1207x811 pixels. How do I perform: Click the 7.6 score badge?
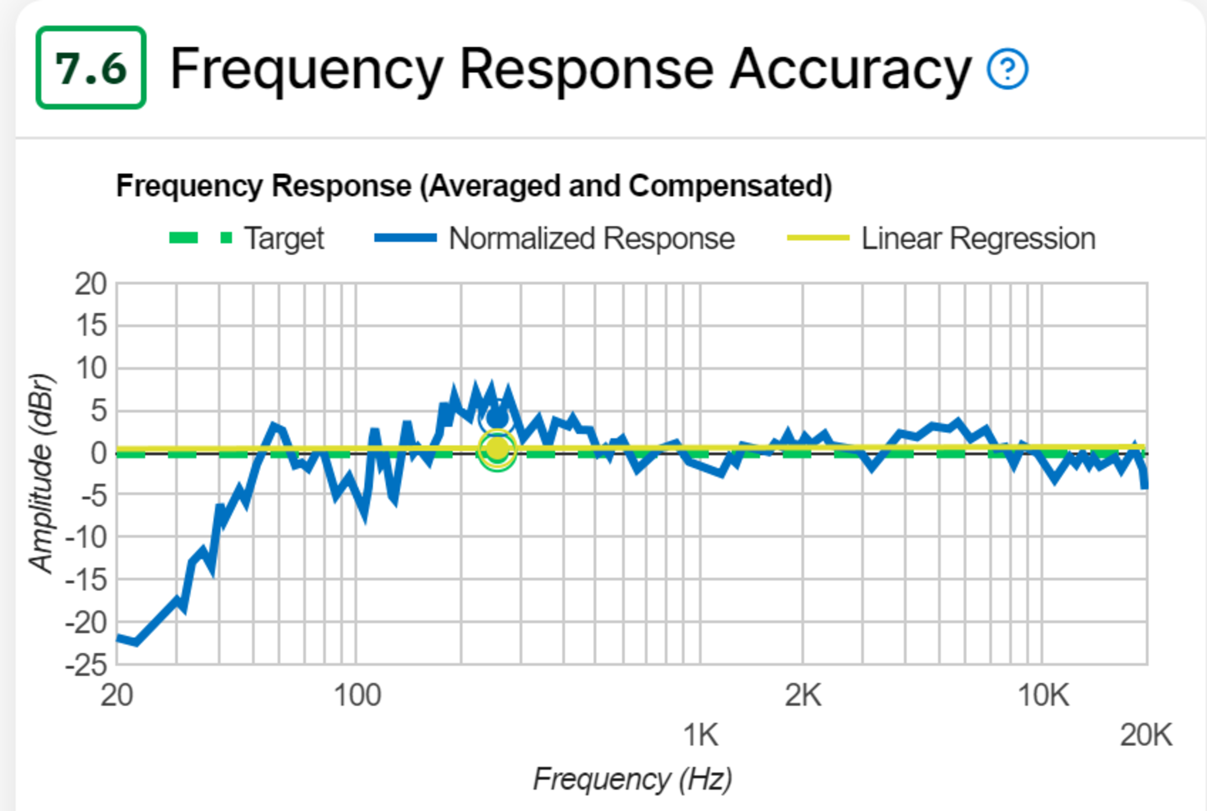pos(91,68)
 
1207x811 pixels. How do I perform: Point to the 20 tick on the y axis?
pos(91,284)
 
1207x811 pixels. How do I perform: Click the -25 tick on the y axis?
pos(86,665)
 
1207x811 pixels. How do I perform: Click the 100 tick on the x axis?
pos(357,695)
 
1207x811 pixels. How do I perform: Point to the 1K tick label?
pos(701,734)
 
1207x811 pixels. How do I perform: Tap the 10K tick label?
pos(1043,695)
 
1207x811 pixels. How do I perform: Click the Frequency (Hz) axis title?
pos(632,779)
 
